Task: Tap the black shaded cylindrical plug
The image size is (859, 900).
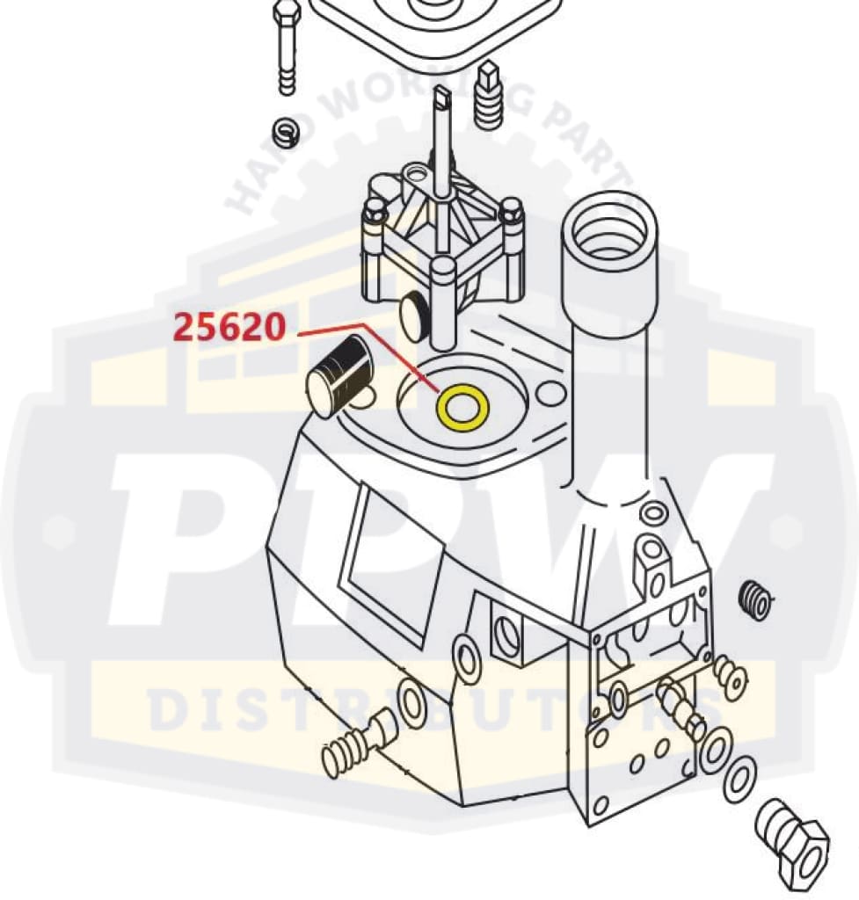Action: pos(340,375)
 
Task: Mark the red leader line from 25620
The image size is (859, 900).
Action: pos(369,347)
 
